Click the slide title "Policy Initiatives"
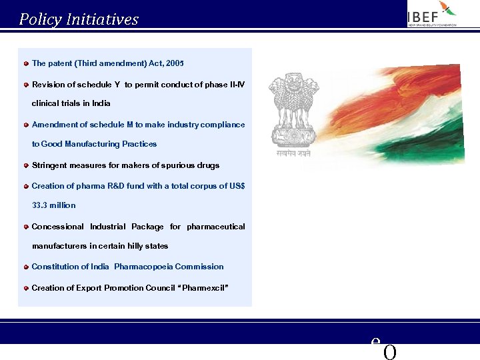(x=79, y=19)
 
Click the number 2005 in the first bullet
(x=175, y=63)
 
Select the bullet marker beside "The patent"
(x=25, y=63)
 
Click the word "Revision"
(x=50, y=85)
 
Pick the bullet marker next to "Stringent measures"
(x=25, y=165)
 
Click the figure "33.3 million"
(x=54, y=205)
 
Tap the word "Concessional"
(x=58, y=227)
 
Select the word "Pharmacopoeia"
(x=143, y=267)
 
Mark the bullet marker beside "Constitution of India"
(x=25, y=267)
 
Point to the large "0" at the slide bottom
(x=390, y=352)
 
